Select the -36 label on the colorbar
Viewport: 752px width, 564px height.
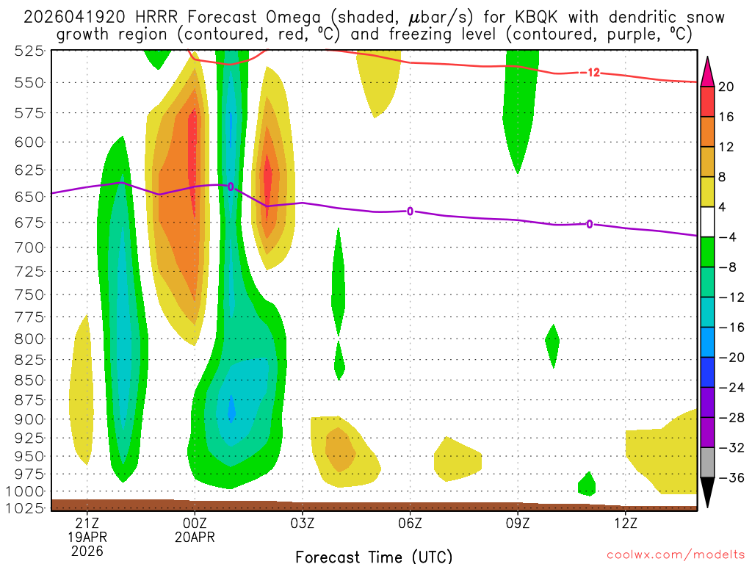726,478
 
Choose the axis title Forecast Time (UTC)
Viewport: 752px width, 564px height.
374,556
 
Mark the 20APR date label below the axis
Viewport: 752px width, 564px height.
195,537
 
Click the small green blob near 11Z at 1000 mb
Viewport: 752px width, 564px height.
587,484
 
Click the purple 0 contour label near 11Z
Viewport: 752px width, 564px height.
590,224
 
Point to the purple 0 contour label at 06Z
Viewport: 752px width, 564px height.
410,211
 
